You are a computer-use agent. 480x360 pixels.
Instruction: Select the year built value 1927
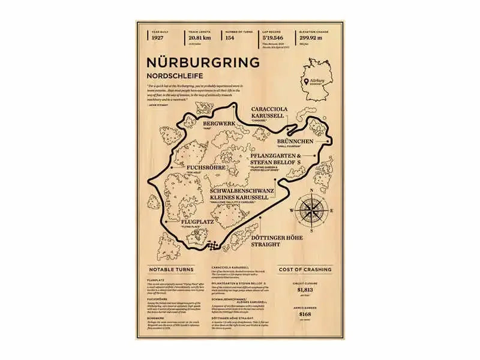pyautogui.click(x=158, y=37)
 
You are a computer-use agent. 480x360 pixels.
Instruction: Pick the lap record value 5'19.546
pyautogui.click(x=274, y=37)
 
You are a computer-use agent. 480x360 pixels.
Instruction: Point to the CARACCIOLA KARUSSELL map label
pyautogui.click(x=269, y=112)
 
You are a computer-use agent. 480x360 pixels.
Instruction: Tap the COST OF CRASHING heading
pyautogui.click(x=305, y=269)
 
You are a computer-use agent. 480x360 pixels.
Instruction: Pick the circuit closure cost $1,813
pyautogui.click(x=305, y=290)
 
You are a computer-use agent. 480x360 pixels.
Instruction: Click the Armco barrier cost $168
pyautogui.click(x=305, y=314)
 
